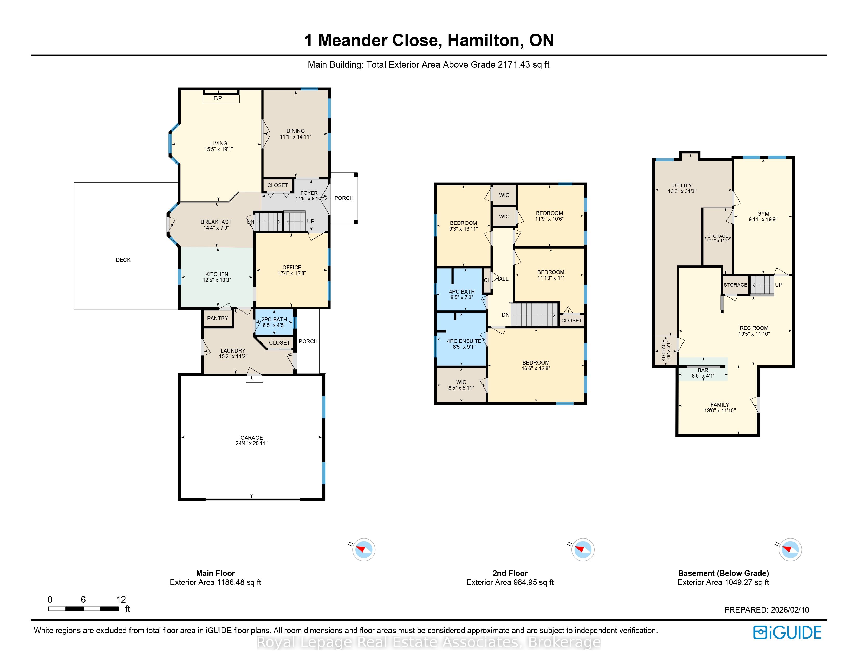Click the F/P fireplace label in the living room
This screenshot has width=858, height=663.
pyautogui.click(x=218, y=98)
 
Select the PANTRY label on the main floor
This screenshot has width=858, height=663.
pyautogui.click(x=218, y=318)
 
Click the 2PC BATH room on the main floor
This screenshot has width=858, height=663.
pyautogui.click(x=274, y=322)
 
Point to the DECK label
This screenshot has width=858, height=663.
pyautogui.click(x=123, y=260)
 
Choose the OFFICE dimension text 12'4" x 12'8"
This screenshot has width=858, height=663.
pyautogui.click(x=291, y=273)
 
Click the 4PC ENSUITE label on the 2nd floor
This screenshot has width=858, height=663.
pyautogui.click(x=464, y=341)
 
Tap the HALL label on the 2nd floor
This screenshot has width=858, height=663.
pyautogui.click(x=502, y=279)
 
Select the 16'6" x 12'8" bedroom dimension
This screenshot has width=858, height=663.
pyautogui.click(x=536, y=368)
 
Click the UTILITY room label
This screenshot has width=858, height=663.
pyautogui.click(x=682, y=185)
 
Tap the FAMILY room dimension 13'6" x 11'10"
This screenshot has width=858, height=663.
pyautogui.click(x=720, y=411)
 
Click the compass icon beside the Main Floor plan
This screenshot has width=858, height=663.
pyautogui.click(x=364, y=549)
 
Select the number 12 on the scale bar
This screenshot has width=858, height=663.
pyautogui.click(x=121, y=599)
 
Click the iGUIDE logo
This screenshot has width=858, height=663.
pyautogui.click(x=787, y=632)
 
